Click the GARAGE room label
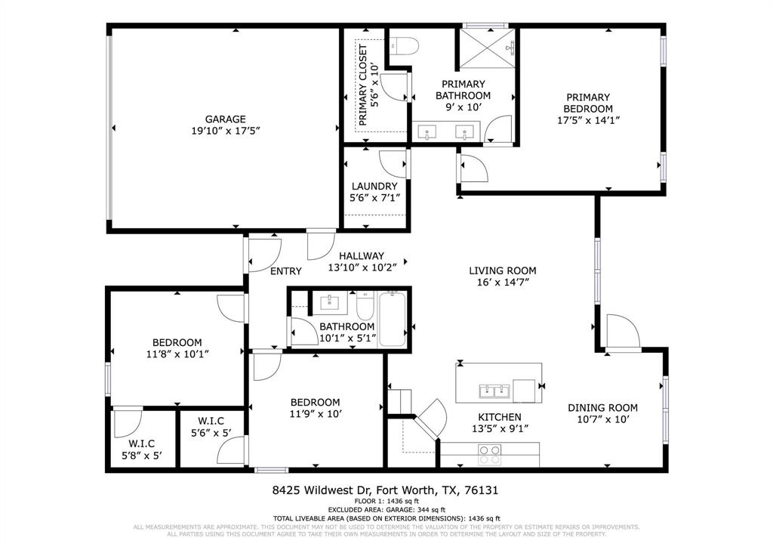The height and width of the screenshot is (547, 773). point(225,119)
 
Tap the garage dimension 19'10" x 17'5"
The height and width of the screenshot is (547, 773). point(225,130)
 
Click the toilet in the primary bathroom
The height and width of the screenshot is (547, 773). point(403,46)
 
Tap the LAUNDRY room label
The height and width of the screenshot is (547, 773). point(374,186)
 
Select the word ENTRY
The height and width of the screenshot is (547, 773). point(285,271)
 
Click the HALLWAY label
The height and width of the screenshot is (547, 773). point(361,256)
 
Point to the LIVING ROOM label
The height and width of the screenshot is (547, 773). point(502,270)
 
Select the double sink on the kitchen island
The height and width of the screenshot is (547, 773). point(494,391)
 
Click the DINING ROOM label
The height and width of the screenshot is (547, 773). point(602,407)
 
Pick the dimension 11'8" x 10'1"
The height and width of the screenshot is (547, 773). point(177,353)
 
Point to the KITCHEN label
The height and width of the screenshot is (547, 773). point(499,417)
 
